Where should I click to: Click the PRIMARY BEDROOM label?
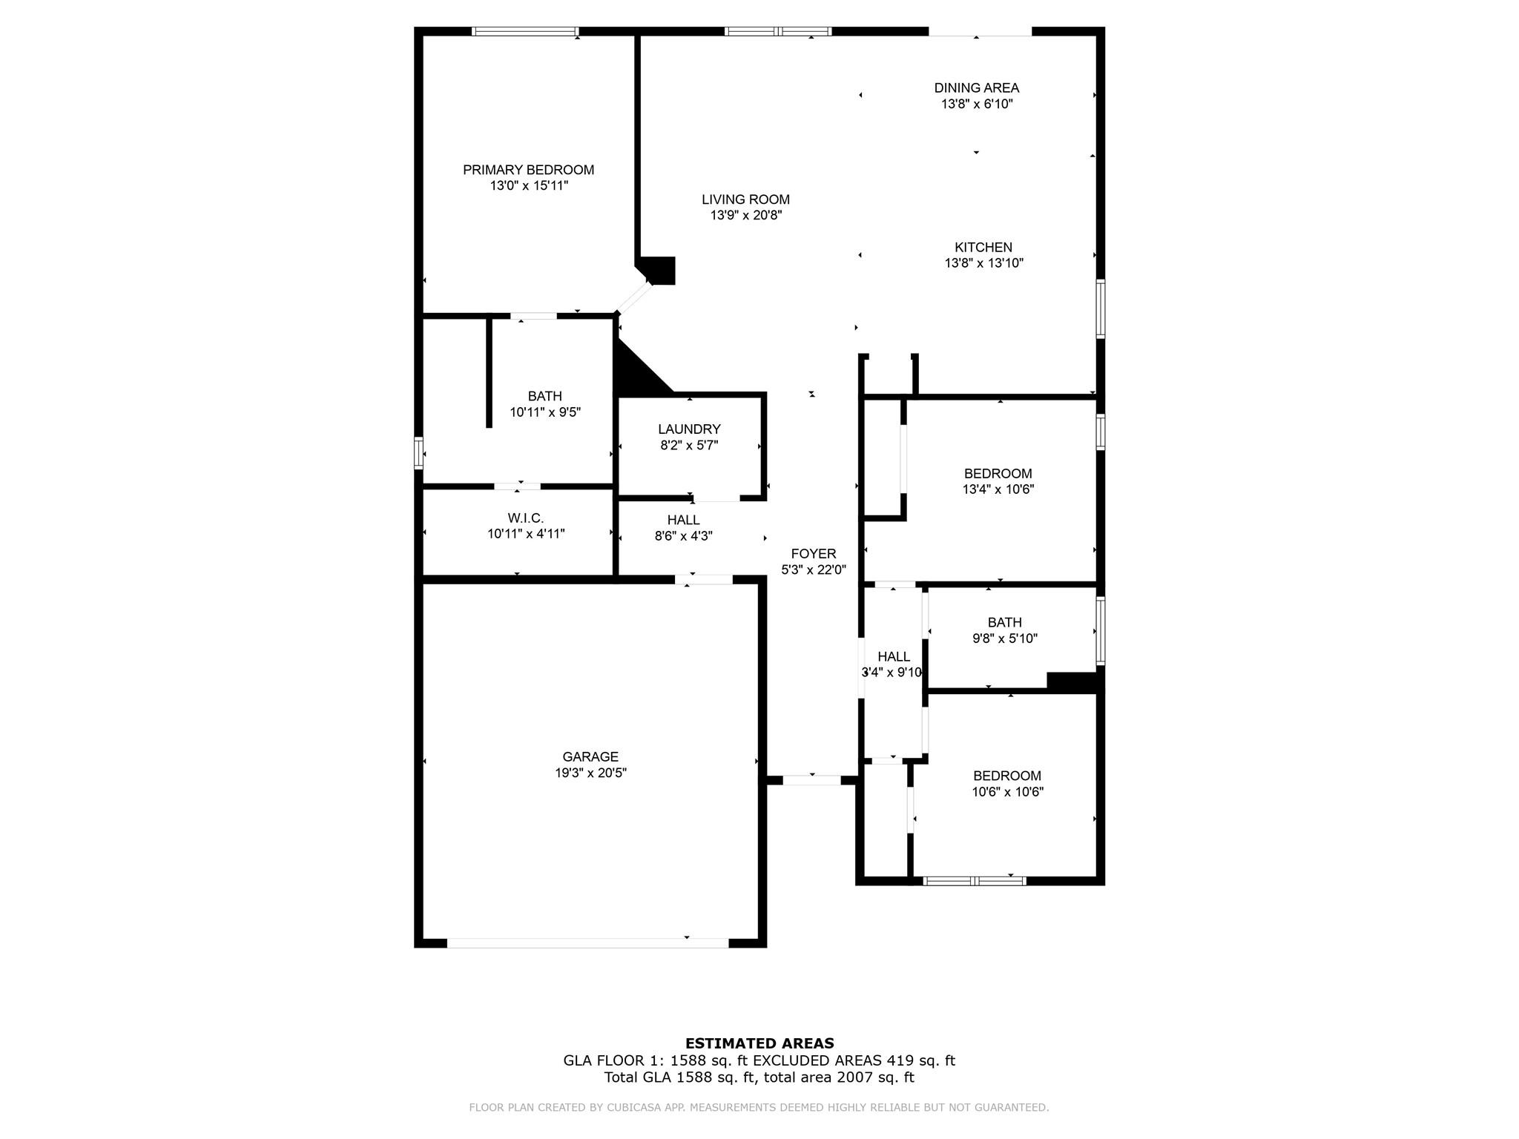point(528,170)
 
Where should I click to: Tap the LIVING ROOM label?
point(745,199)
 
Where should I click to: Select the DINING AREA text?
point(976,88)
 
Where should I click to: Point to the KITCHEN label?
point(983,248)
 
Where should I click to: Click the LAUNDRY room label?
point(689,429)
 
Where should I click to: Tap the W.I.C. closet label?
point(526,518)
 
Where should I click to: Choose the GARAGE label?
point(590,757)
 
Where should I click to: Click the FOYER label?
point(813,554)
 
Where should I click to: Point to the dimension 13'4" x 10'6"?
point(998,489)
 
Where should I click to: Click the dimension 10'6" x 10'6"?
point(1007,792)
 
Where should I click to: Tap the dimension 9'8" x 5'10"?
point(1004,638)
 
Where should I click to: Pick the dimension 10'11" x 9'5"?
point(544,412)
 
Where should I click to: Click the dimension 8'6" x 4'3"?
point(683,536)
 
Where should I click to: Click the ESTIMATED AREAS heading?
point(759,1043)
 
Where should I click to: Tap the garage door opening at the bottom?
point(587,943)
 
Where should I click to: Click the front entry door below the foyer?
point(811,780)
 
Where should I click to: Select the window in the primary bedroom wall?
point(524,32)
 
